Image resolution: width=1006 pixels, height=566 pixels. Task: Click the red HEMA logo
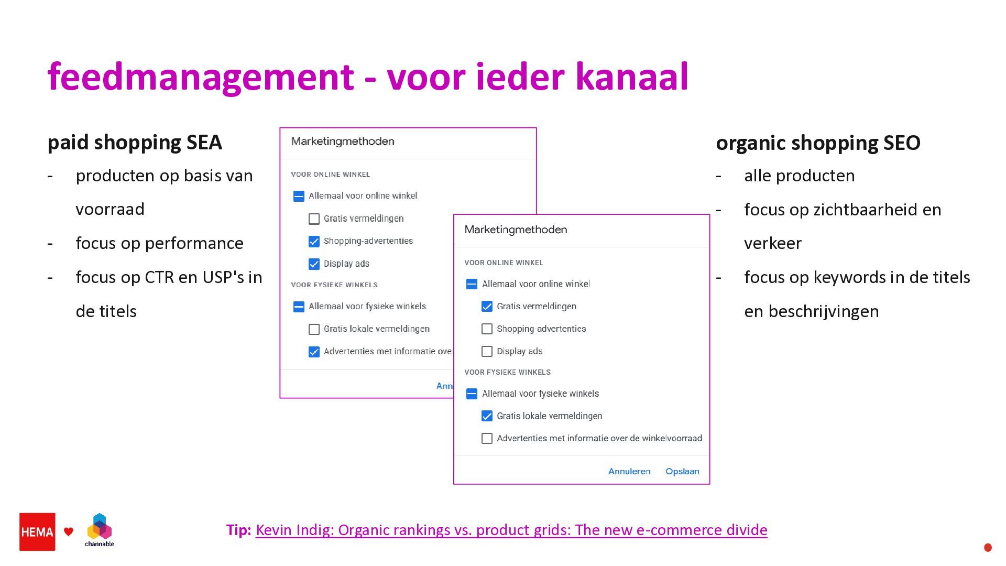pyautogui.click(x=37, y=531)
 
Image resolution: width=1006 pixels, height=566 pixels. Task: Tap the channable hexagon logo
pyautogui.click(x=100, y=527)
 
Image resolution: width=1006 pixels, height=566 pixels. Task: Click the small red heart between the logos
pyautogui.click(x=69, y=532)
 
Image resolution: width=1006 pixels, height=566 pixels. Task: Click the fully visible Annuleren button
pyautogui.click(x=629, y=471)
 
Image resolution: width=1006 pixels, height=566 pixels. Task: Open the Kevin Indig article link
pyautogui.click(x=511, y=530)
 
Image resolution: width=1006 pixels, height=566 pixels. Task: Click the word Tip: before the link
pyautogui.click(x=238, y=530)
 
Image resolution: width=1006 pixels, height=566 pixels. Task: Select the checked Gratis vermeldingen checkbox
pyautogui.click(x=487, y=307)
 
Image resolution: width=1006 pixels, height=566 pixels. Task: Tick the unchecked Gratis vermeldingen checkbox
pyautogui.click(x=314, y=219)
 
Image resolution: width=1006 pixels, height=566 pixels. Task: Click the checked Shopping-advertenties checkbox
pyautogui.click(x=314, y=241)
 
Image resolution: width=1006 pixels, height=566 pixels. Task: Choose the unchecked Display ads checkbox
pyautogui.click(x=487, y=351)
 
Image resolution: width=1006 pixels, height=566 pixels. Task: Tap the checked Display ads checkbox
pyautogui.click(x=314, y=264)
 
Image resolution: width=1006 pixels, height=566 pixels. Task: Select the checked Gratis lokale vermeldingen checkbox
pyautogui.click(x=487, y=416)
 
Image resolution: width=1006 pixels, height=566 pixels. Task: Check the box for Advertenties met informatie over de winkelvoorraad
pyautogui.click(x=487, y=438)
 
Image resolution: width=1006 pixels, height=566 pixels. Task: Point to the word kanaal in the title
pyautogui.click(x=631, y=77)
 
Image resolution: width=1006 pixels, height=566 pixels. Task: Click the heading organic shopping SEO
pyautogui.click(x=817, y=143)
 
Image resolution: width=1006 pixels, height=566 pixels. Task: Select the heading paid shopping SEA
pyautogui.click(x=135, y=143)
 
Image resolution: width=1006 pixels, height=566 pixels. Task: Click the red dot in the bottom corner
pyautogui.click(x=988, y=548)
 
